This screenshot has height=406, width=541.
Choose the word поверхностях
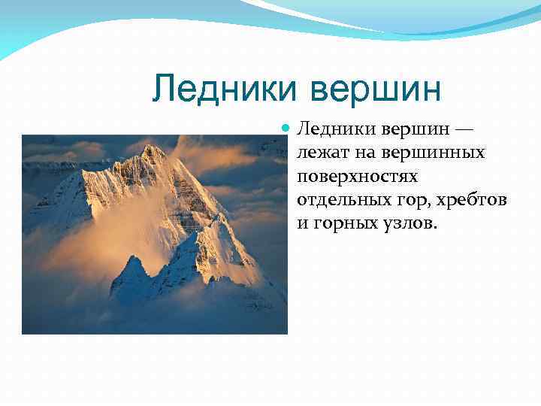[357, 177]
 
